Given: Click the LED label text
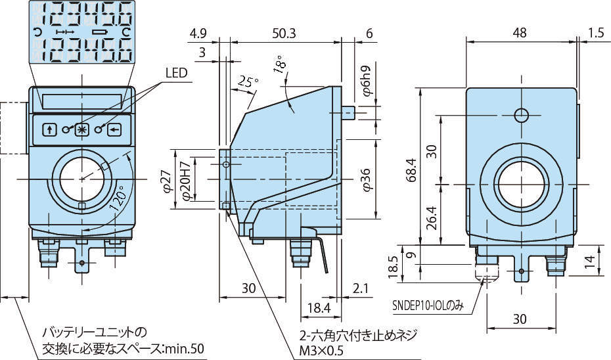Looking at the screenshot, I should (177, 74).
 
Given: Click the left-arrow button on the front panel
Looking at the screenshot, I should (116, 129).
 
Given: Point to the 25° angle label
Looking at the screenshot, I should (248, 81).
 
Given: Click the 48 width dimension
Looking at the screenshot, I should (520, 33).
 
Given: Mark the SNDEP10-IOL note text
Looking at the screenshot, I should (427, 305).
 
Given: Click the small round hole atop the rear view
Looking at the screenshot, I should (521, 116).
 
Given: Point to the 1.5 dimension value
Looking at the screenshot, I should (596, 33).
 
